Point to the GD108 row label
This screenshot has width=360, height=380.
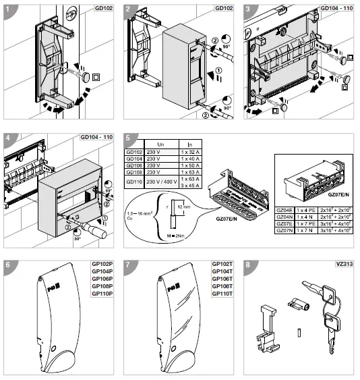pyautogui.click(x=136, y=173)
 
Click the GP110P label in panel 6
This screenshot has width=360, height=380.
pyautogui.click(x=101, y=294)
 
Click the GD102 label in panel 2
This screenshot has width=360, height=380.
pyautogui.click(x=224, y=7)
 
